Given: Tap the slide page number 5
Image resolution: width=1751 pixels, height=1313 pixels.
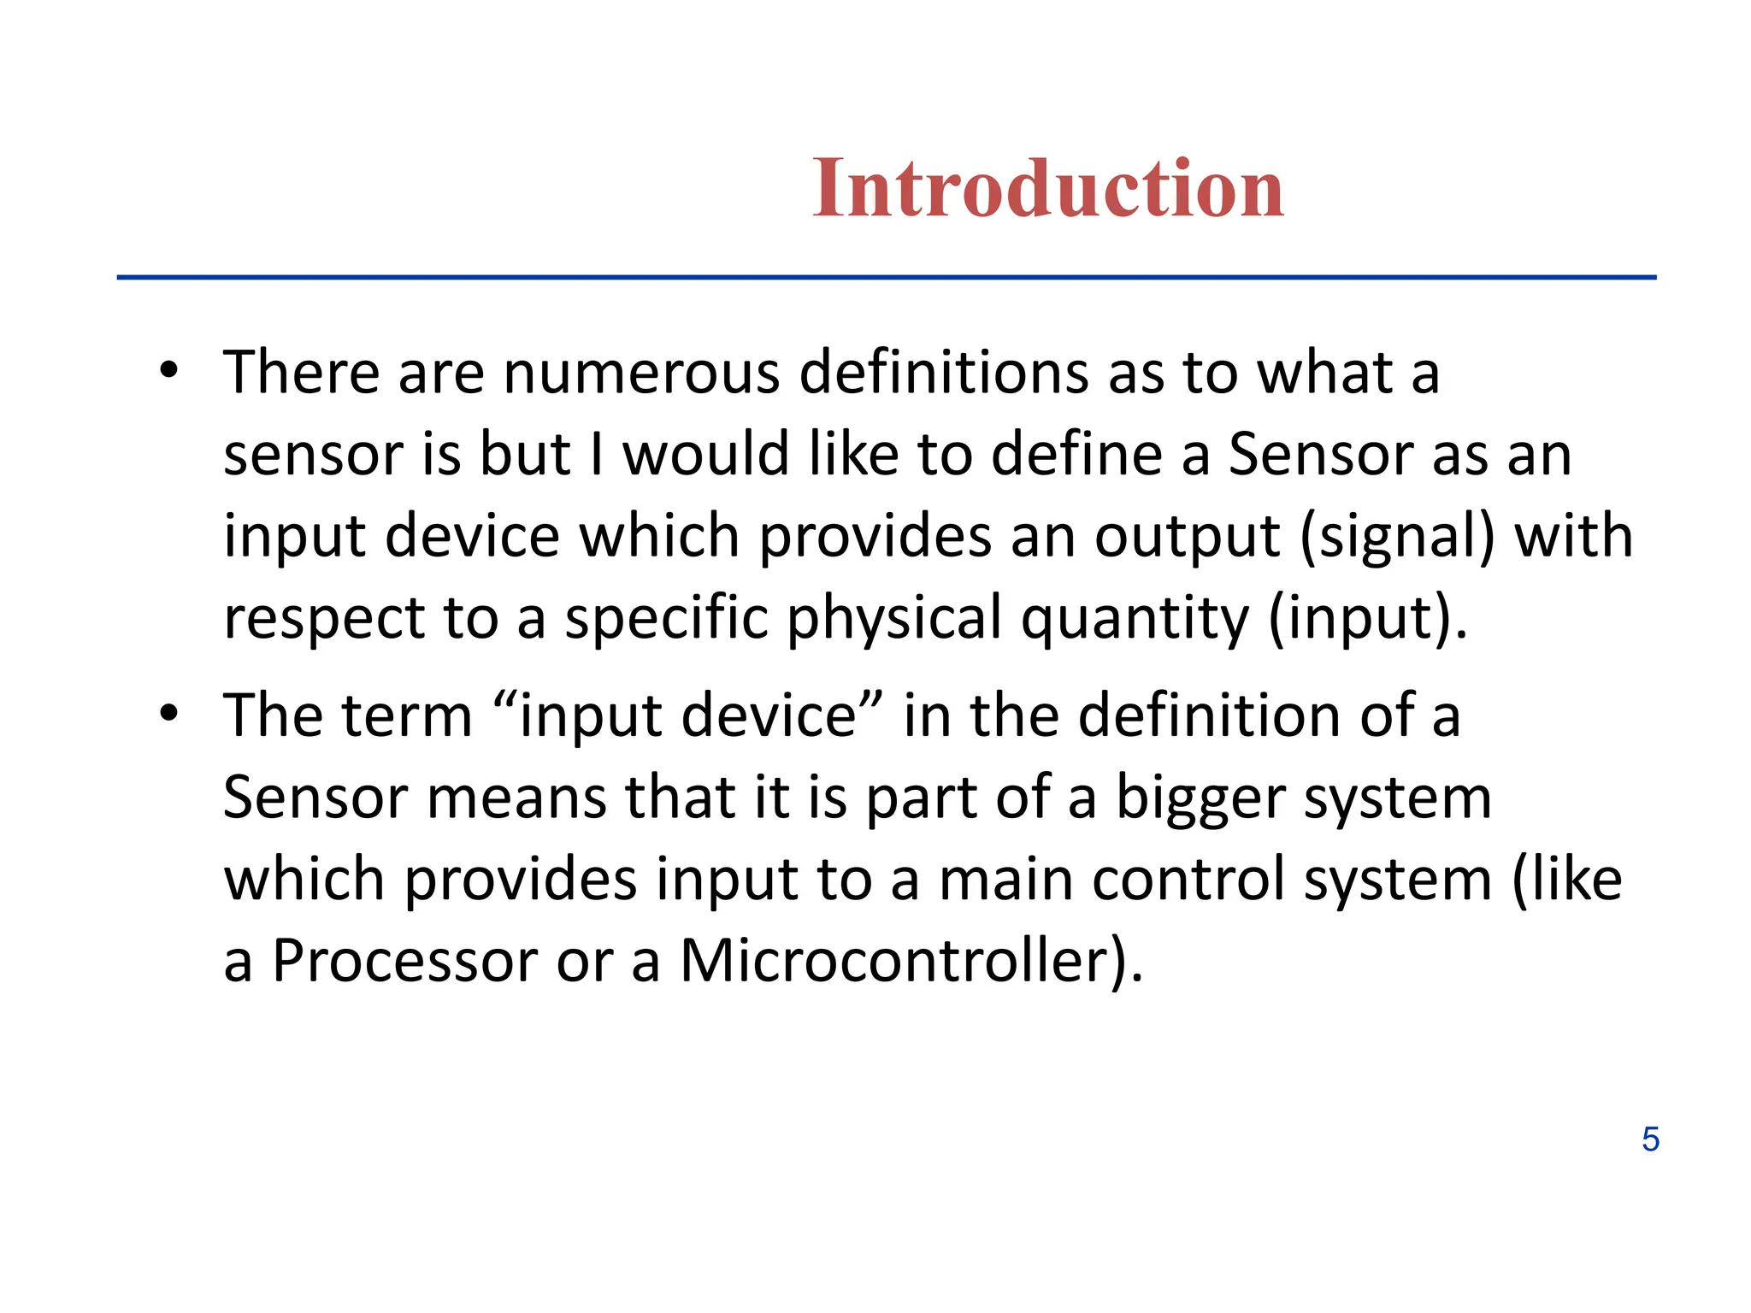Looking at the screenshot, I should click(1650, 1139).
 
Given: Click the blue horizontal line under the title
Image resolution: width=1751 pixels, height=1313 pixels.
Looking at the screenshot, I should click(886, 277).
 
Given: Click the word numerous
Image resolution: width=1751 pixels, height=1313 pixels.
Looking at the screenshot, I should click(641, 374).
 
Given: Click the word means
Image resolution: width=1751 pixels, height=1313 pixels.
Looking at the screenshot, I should click(516, 798).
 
